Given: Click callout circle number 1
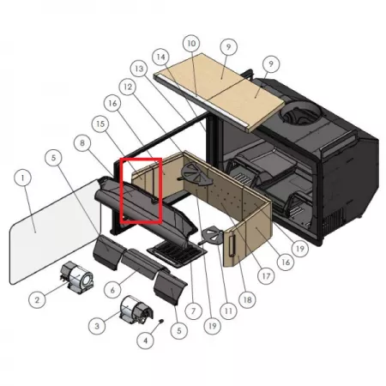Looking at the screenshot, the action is click(22, 178).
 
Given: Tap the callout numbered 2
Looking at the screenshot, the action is click(37, 300).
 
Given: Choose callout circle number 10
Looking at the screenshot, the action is click(191, 44).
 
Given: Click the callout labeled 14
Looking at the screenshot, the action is click(161, 57).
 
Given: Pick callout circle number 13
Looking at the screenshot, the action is click(139, 69).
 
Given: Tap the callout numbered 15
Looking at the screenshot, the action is click(100, 124).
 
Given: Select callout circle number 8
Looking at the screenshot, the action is click(82, 142).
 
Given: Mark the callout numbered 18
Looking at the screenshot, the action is click(247, 299).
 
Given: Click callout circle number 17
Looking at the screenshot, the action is click(266, 276).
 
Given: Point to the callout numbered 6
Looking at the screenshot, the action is click(112, 290).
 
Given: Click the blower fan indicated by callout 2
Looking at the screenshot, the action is click(76, 277).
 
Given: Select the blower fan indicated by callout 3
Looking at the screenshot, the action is click(136, 311).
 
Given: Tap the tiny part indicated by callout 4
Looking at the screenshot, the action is click(161, 321).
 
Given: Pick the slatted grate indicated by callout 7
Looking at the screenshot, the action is click(178, 253).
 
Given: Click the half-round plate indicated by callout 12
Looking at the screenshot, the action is click(196, 175).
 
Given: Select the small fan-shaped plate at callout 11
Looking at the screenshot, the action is click(212, 235).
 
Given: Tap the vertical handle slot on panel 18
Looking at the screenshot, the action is click(232, 244).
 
